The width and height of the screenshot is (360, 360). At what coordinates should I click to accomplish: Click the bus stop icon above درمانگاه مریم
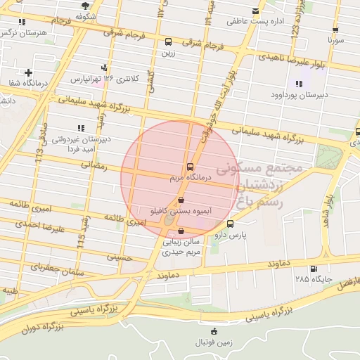tap(190, 167)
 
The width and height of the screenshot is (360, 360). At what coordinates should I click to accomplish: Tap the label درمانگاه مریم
tap(187, 179)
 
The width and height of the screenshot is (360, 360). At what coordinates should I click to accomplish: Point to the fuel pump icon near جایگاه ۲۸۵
tap(312, 269)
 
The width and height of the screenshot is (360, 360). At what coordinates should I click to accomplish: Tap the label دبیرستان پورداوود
tap(297, 94)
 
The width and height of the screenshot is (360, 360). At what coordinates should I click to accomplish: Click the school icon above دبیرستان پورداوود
tap(300, 84)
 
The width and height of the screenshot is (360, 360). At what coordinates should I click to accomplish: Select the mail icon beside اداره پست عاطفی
tap(255, 12)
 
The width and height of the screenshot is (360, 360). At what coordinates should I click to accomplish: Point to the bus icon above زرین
tap(167, 41)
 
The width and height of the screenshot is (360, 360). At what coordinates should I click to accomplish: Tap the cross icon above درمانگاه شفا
tap(28, 72)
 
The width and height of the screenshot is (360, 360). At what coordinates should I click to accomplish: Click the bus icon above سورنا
tap(335, 31)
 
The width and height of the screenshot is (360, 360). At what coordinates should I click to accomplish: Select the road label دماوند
tap(281, 264)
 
